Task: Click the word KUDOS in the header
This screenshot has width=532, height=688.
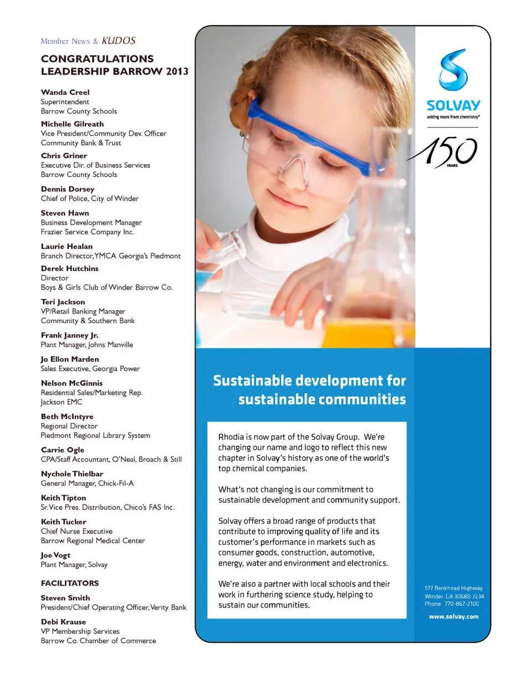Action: coord(119,40)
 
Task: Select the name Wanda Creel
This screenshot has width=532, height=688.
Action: coord(65,92)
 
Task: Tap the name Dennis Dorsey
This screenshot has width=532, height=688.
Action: coord(68,189)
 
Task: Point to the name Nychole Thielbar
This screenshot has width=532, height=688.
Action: coord(72,474)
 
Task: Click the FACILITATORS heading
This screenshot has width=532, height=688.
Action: coord(70,583)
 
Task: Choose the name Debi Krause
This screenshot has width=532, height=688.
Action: coord(63,622)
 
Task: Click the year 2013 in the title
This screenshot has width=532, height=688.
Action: coord(177,71)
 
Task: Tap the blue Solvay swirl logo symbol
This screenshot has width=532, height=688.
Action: coord(453,70)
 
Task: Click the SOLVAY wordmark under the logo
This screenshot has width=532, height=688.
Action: coord(453,105)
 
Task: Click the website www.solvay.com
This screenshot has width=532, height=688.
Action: coord(453,617)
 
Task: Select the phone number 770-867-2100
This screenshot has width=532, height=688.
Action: coord(461,604)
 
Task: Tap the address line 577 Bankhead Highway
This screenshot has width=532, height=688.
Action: coord(453,588)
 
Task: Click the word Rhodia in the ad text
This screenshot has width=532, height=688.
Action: coord(231,437)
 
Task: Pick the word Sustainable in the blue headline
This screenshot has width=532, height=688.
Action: coord(253,381)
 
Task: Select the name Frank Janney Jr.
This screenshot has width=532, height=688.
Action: coord(69,335)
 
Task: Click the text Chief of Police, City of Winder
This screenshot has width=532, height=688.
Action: coord(90,198)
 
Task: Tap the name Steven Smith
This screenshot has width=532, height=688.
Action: coord(65,598)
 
